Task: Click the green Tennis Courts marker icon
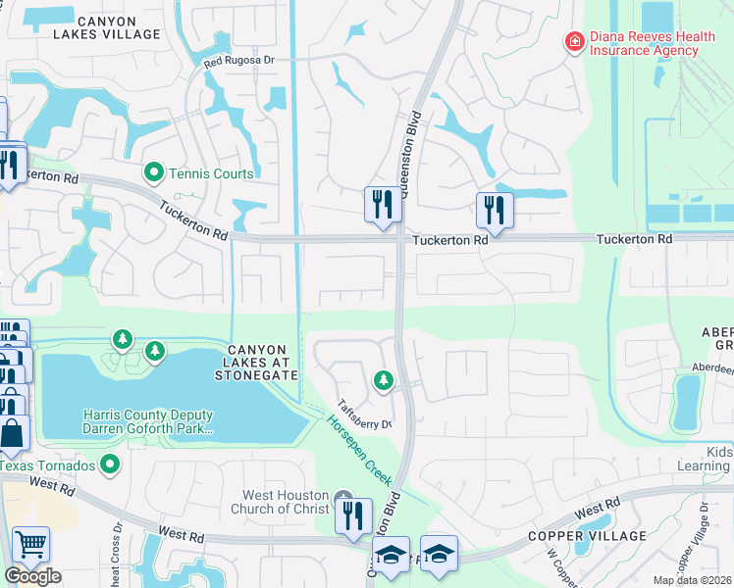[x=153, y=173]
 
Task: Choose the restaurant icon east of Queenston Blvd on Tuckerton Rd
[x=494, y=210]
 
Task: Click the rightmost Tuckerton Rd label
[x=637, y=239]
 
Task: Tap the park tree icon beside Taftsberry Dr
[x=383, y=378]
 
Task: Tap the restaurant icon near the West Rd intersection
[x=352, y=515]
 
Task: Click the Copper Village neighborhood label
[x=587, y=536]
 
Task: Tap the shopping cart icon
[x=30, y=544]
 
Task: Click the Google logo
[x=32, y=576]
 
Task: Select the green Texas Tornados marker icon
[x=110, y=464]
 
